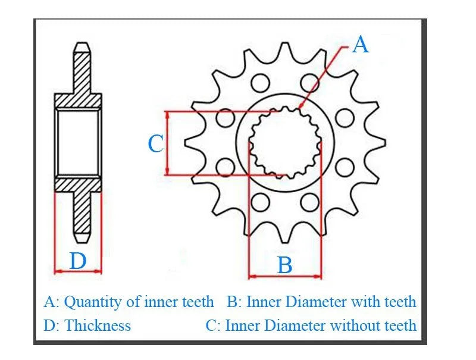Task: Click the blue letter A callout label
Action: [361, 45]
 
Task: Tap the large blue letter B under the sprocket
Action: [285, 265]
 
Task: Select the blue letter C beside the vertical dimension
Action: [155, 143]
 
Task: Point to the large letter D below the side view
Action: [78, 261]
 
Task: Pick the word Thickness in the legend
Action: [98, 325]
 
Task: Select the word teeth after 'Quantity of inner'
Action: [197, 302]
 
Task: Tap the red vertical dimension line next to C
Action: [168, 143]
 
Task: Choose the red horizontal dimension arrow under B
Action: [285, 276]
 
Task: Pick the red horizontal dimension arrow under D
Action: [78, 271]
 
